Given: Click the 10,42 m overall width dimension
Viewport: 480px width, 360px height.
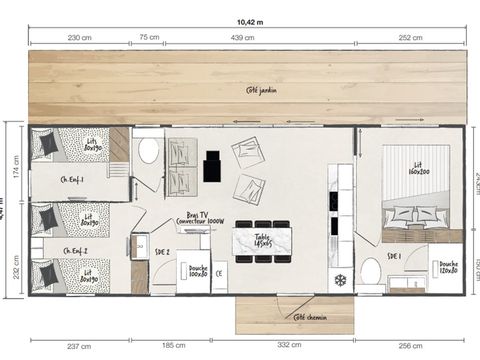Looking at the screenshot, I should tap(250, 19).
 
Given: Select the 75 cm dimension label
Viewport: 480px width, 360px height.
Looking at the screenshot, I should tap(148, 36).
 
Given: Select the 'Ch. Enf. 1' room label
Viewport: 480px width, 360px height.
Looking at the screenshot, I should tap(74, 180).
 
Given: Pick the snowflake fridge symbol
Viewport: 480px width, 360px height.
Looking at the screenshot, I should tap(339, 279).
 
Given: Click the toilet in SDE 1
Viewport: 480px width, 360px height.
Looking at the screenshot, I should tap(369, 269).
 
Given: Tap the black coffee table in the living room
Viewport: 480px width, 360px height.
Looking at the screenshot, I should tap(211, 166).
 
